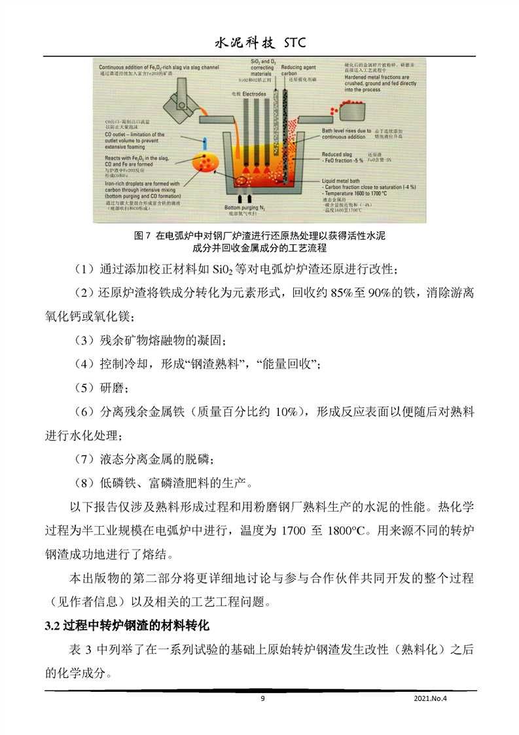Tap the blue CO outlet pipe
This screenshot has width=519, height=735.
click(204, 142)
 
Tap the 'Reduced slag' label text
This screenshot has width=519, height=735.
click(338, 154)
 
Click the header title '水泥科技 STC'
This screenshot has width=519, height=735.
click(260, 43)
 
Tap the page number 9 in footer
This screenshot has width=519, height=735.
click(262, 699)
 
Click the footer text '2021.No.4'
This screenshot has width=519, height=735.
click(434, 699)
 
